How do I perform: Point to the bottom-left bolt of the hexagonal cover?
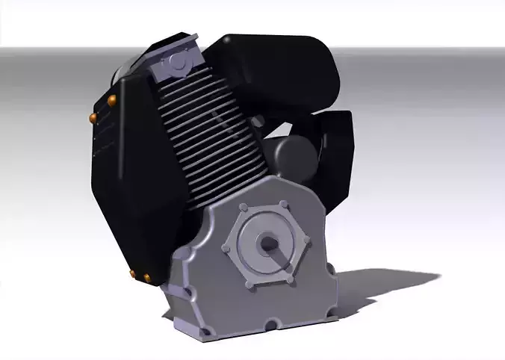pos(250,283)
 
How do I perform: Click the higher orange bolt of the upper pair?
pos(113,100)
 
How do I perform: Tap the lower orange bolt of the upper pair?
pos(94,117)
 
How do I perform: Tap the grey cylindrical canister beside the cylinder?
pos(294,156)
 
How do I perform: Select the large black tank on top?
pos(276,75)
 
